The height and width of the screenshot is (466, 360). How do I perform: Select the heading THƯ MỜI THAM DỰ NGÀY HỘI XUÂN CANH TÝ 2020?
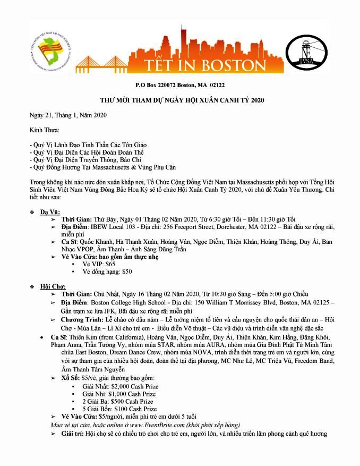pyautogui.click(x=179, y=100)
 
